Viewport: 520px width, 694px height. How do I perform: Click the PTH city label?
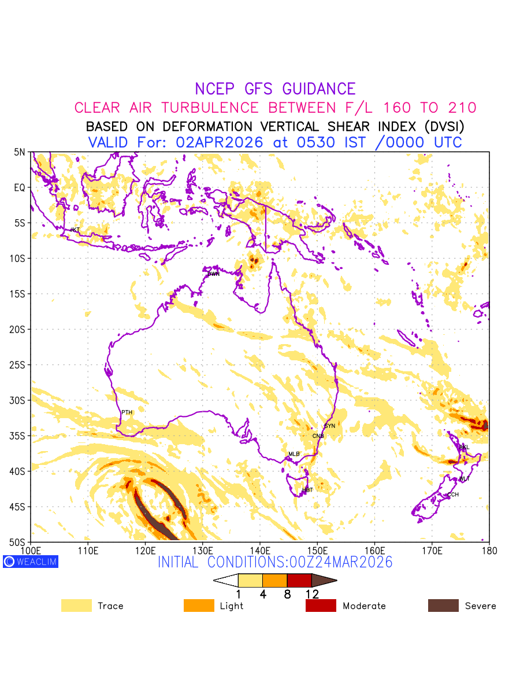click(x=127, y=412)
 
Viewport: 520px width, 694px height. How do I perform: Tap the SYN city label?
click(x=329, y=426)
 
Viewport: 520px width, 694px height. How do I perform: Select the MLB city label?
click(x=294, y=454)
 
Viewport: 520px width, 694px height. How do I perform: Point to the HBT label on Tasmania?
click(x=307, y=490)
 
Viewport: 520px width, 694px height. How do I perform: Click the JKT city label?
click(x=75, y=230)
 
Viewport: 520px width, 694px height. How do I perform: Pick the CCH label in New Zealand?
click(x=453, y=494)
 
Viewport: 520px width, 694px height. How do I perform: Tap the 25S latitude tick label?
click(x=20, y=365)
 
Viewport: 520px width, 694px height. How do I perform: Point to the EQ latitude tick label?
click(x=20, y=187)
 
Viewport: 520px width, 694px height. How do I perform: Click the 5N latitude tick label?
click(x=20, y=152)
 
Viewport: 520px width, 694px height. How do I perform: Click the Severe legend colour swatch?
click(x=443, y=606)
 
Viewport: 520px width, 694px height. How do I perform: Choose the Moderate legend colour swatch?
click(x=321, y=606)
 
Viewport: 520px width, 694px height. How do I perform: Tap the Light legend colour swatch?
click(x=198, y=606)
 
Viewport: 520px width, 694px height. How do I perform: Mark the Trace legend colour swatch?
click(x=76, y=606)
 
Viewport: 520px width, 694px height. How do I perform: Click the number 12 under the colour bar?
click(x=311, y=594)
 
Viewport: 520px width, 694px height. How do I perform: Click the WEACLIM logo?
click(x=31, y=562)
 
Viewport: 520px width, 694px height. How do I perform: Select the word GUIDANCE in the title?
click(x=319, y=89)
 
